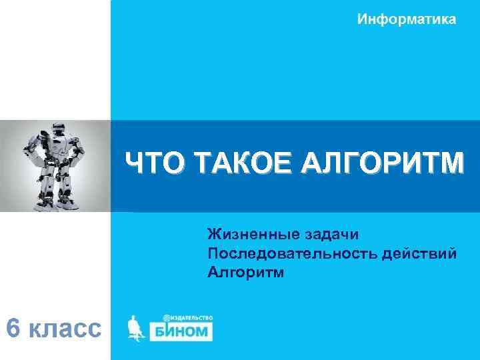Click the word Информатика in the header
coord(407,19)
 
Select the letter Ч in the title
coord(137,163)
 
